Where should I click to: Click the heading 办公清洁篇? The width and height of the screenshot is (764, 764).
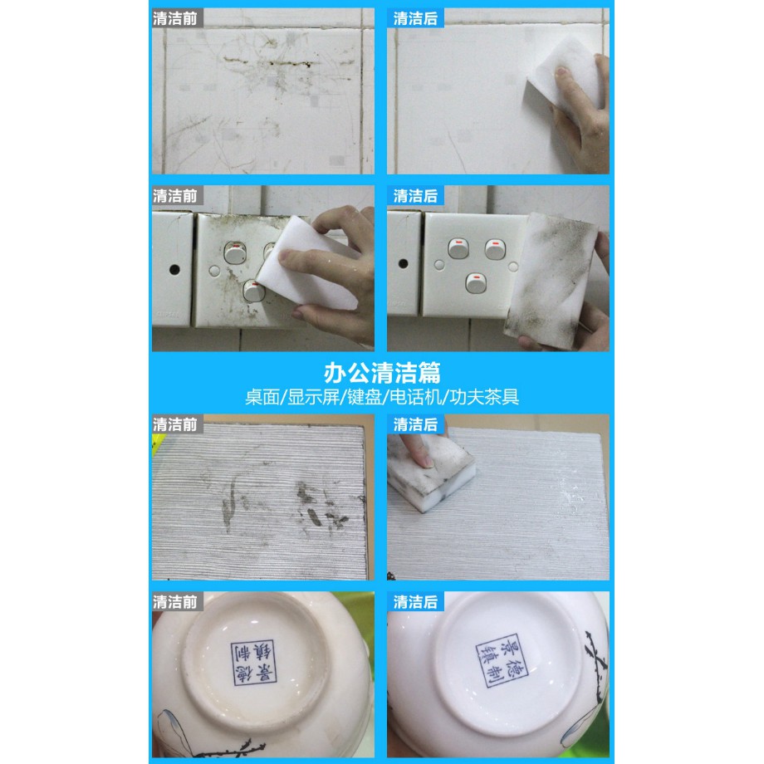[382, 373]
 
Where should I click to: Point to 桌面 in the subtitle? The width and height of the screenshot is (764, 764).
[262, 397]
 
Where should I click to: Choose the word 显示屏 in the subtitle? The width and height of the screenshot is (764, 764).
[313, 397]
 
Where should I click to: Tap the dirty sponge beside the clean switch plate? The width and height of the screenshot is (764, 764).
[551, 282]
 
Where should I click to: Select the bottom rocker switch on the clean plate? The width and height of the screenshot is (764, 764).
[476, 283]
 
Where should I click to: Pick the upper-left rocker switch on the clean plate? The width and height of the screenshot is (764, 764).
[458, 248]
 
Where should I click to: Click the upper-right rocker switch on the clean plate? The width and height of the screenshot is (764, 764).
[495, 249]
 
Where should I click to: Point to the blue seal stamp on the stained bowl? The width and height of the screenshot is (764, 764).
[254, 663]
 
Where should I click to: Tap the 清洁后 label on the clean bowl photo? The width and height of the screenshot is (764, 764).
[415, 602]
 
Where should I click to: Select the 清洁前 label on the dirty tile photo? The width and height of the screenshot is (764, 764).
[175, 18]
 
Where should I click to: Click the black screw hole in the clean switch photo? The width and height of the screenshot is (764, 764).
[404, 263]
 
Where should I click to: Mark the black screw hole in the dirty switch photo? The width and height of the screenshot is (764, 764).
[174, 269]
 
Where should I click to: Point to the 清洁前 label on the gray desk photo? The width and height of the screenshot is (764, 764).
[175, 424]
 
